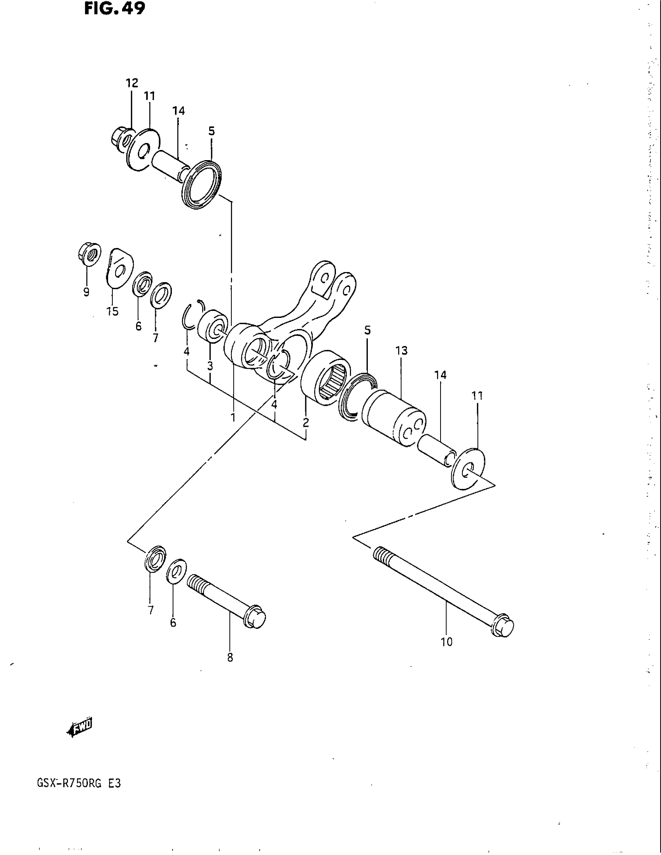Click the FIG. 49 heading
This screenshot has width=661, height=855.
click(x=114, y=8)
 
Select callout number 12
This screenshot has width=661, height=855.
click(x=132, y=83)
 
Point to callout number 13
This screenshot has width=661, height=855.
click(x=401, y=351)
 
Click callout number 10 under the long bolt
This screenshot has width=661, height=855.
click(x=446, y=642)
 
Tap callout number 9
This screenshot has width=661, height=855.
click(x=86, y=292)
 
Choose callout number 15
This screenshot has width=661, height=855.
click(x=112, y=312)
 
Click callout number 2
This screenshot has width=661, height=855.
click(x=306, y=422)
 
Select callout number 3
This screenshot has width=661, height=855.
click(x=210, y=366)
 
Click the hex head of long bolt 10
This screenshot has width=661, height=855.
click(x=503, y=626)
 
